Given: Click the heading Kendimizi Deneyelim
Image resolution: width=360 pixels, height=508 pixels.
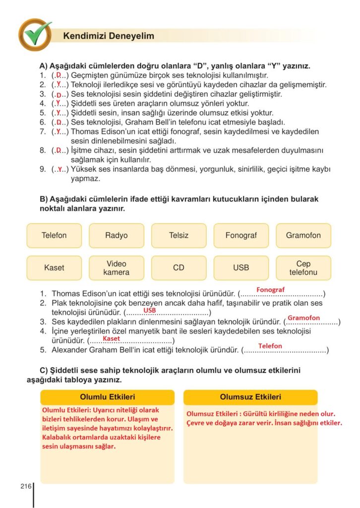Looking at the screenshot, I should [x=109, y=36].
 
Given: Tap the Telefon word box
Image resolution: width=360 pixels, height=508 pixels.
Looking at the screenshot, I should [x=54, y=236].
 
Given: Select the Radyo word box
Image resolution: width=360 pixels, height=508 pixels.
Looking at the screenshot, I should [x=117, y=236].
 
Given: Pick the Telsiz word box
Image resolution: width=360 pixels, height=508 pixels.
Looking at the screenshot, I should [x=179, y=236].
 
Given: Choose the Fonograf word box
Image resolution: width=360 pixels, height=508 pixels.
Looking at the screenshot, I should [x=241, y=236].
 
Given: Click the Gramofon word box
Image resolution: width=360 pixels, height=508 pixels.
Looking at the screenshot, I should [x=303, y=236].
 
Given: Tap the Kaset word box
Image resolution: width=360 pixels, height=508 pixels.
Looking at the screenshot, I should [x=54, y=268].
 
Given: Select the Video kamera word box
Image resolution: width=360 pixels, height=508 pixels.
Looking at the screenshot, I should [x=117, y=268].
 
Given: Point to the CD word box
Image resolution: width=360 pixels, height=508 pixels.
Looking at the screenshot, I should [x=179, y=268].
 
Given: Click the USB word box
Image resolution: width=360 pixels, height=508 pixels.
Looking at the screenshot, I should [x=241, y=268].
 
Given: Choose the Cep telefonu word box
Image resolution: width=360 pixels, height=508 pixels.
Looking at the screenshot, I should [x=303, y=268].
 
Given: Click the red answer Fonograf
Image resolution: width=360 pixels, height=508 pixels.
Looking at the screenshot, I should [x=270, y=290].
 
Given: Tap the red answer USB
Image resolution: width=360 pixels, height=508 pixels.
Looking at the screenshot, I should [x=149, y=311].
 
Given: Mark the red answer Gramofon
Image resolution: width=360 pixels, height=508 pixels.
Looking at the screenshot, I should [x=303, y=318].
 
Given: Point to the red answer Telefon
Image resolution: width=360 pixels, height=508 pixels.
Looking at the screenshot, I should [x=270, y=346].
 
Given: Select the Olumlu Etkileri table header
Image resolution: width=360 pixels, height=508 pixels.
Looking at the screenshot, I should [x=107, y=397].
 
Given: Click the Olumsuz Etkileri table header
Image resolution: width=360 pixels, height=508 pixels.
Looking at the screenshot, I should [x=250, y=397].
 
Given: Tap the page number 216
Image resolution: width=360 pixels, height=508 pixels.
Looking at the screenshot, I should [x=26, y=486].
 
